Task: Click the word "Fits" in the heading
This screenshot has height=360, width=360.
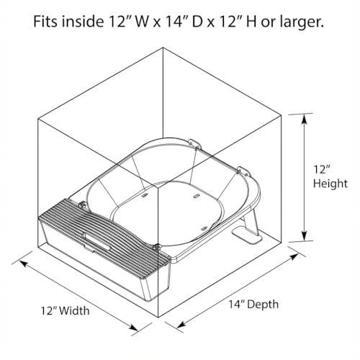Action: (x=45, y=21)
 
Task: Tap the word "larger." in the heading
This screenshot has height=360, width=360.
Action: (x=302, y=22)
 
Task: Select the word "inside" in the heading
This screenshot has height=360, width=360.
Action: (x=82, y=21)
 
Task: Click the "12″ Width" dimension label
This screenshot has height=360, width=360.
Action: (x=66, y=310)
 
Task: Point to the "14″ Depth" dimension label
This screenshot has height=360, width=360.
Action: (x=253, y=304)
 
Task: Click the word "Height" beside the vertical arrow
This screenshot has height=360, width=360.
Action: (x=330, y=184)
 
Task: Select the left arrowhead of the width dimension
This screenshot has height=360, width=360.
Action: (x=24, y=264)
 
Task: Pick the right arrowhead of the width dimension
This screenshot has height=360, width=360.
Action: (x=133, y=327)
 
